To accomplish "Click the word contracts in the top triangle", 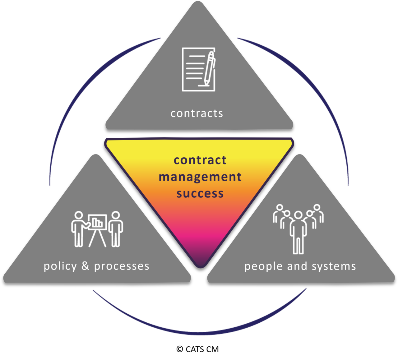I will tap(197, 113).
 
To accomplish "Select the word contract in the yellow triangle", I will tap(200, 160).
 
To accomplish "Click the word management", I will tap(200, 177).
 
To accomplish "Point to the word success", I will tap(200, 194).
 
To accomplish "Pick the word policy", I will tap(60, 266).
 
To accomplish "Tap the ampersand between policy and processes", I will tap(85, 266).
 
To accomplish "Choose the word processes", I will tap(122, 266).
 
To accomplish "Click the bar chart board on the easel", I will tap(98, 222).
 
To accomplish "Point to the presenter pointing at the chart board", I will tap(78, 228).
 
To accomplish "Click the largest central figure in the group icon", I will tap(298, 232).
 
